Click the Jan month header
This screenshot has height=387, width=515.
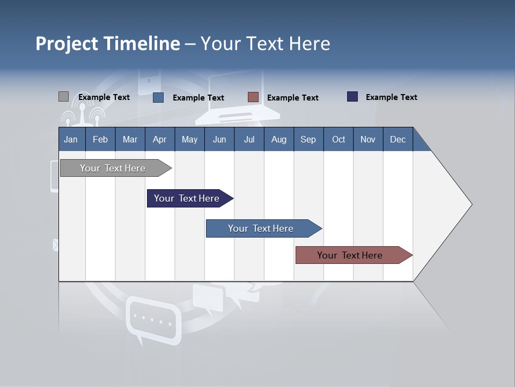click(71, 139)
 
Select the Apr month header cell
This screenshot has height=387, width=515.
click(159, 139)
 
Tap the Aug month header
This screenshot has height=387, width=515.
click(278, 139)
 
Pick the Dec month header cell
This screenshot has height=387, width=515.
click(398, 139)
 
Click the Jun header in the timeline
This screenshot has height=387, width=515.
click(219, 139)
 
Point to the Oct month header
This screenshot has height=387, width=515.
click(338, 139)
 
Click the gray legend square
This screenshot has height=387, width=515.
click(63, 97)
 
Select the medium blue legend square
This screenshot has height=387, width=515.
click(158, 97)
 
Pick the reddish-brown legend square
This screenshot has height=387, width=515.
click(253, 97)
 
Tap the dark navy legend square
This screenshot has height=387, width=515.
click(352, 97)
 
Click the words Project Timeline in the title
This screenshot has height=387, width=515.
click(107, 44)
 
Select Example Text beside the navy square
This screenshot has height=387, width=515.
click(391, 97)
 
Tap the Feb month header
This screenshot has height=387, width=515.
click(100, 139)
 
